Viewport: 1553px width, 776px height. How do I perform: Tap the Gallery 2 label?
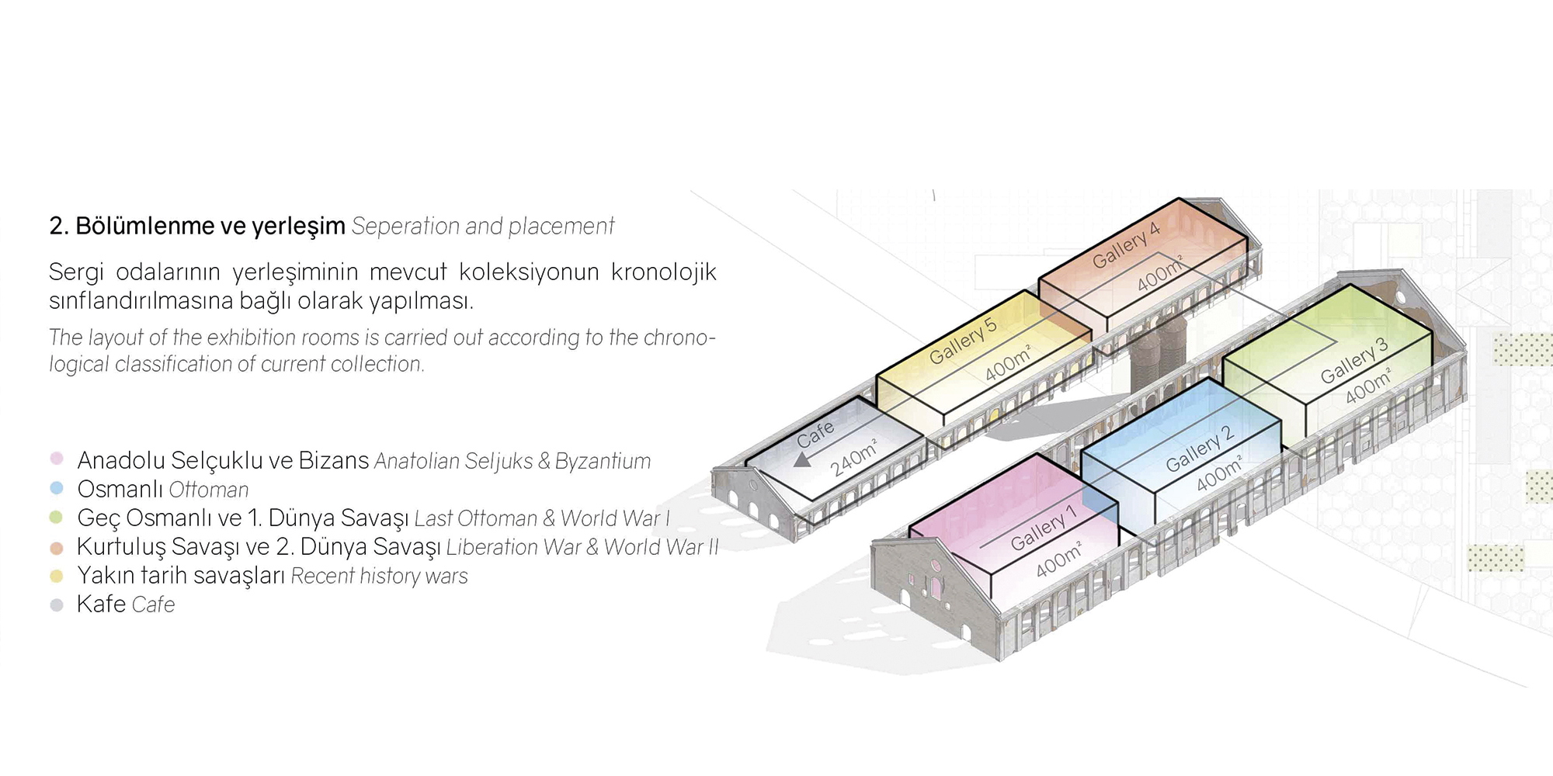[x=1200, y=449]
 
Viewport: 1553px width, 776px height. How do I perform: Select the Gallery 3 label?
[x=1354, y=361]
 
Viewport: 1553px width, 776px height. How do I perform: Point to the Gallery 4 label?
[x=1126, y=245]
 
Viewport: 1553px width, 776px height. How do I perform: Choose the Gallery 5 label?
[x=963, y=341]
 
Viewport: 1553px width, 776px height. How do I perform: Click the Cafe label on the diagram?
[x=815, y=435]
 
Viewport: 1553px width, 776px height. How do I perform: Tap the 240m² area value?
[x=854, y=458]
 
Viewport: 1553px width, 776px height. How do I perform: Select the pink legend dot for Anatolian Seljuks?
[x=57, y=459]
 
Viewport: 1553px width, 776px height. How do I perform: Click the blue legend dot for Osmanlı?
[x=57, y=488]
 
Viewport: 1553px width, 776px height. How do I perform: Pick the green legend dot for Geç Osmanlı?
[x=57, y=517]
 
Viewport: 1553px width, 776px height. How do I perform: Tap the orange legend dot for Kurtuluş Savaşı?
[x=57, y=548]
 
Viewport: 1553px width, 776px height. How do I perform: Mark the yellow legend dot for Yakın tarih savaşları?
[x=57, y=577]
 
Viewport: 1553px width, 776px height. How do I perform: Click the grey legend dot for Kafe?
[x=57, y=605]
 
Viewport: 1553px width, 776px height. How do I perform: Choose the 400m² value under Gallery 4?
[x=1160, y=273]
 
